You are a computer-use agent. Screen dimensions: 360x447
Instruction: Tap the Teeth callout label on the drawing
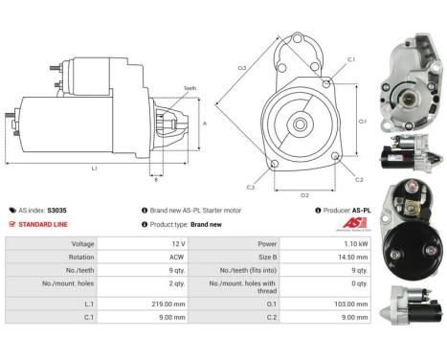pos(190,88)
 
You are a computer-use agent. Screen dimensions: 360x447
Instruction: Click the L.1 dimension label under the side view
pos(95,169)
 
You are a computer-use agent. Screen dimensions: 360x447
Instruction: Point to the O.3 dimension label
pos(242,67)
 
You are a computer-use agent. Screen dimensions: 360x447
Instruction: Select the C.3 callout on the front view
pos(250,187)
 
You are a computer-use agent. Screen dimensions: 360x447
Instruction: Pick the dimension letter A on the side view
pos(205,123)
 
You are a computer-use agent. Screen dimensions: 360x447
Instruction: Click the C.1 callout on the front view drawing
pos(351,60)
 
